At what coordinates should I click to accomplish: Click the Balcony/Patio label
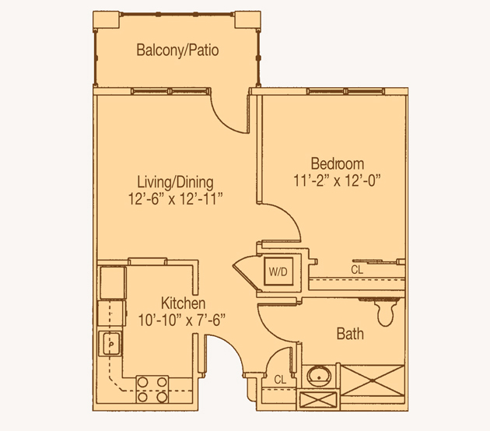point(177,51)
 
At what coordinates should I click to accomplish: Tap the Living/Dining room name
point(175,182)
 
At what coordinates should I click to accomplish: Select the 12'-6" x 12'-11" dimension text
point(175,199)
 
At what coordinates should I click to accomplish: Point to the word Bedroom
point(338,164)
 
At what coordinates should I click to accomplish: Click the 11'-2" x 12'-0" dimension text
point(338,180)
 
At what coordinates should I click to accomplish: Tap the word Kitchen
point(183,303)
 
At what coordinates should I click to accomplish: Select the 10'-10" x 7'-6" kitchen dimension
point(181,320)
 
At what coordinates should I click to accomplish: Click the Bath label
point(350,334)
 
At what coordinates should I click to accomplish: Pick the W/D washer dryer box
point(278,272)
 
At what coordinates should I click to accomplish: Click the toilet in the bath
point(386,313)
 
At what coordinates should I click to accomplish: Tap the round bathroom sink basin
point(319,377)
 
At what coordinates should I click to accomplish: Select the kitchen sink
point(110,344)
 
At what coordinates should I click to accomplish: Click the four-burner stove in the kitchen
point(152,390)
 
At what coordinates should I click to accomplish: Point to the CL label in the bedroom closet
point(357,270)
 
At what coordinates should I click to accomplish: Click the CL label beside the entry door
point(280,380)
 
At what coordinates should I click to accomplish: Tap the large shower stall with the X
point(373,380)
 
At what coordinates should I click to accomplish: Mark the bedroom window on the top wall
point(345,91)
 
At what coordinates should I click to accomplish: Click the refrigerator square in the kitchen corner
point(113,283)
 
